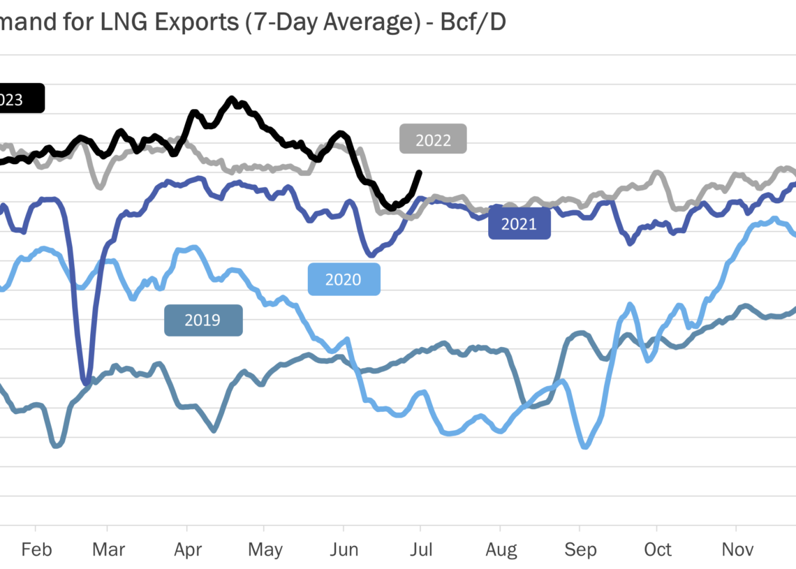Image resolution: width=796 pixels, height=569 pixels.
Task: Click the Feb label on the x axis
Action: coord(36,550)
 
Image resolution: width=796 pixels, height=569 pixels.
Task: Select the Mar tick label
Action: coord(108,550)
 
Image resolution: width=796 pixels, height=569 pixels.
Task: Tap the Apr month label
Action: coord(187,550)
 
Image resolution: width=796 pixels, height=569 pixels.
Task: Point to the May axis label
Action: coord(265,550)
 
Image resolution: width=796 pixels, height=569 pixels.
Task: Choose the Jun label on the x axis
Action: coord(344,550)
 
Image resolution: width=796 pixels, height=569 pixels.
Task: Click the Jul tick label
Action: coord(420,550)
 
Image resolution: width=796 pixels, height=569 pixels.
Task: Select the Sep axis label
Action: coord(580,550)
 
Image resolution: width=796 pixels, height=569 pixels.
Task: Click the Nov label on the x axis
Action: coord(736,550)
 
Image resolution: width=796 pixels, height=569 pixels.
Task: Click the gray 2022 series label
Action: coord(433,140)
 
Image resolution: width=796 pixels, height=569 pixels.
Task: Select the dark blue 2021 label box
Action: coord(519,224)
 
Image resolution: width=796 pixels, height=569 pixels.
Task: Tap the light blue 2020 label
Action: coord(344,279)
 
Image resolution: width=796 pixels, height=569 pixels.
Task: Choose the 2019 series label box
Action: coord(203,320)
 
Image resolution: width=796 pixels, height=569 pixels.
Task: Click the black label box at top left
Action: coord(21,99)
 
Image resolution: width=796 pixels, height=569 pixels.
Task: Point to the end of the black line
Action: coord(419,172)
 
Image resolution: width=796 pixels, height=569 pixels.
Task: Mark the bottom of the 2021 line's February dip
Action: coord(85,382)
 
